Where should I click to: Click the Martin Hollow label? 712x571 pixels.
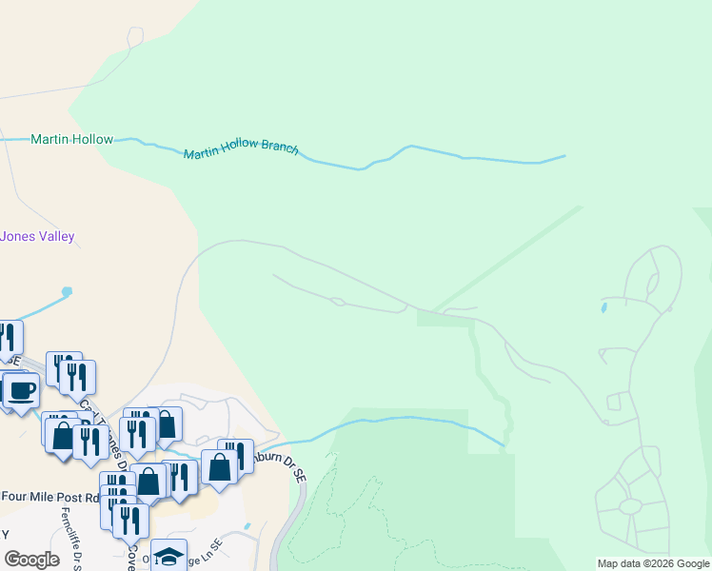point(71,139)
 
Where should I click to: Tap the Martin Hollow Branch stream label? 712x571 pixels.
point(241,151)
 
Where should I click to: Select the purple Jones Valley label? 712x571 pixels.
point(38,236)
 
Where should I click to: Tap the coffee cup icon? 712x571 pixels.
point(21,389)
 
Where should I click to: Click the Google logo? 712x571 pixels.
point(32,560)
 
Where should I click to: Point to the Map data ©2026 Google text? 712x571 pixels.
point(653,563)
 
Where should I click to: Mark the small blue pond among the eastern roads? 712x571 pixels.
point(603,307)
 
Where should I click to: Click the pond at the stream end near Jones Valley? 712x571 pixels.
point(66,290)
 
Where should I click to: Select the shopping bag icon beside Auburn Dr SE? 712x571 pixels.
point(220,467)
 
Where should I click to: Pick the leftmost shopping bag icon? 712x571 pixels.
point(62,436)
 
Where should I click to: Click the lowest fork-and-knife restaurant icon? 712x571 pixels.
point(130,521)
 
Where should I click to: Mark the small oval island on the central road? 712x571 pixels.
point(336,303)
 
